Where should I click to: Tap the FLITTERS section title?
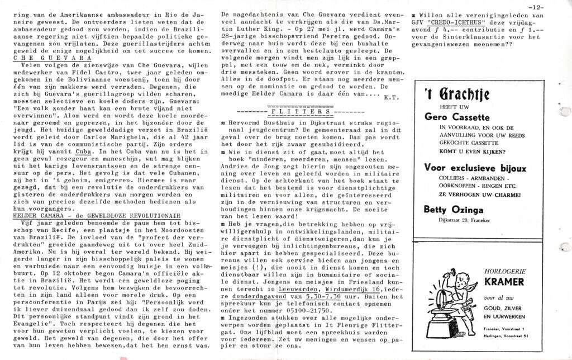click(295, 112)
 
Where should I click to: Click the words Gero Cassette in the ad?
click(457, 117)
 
